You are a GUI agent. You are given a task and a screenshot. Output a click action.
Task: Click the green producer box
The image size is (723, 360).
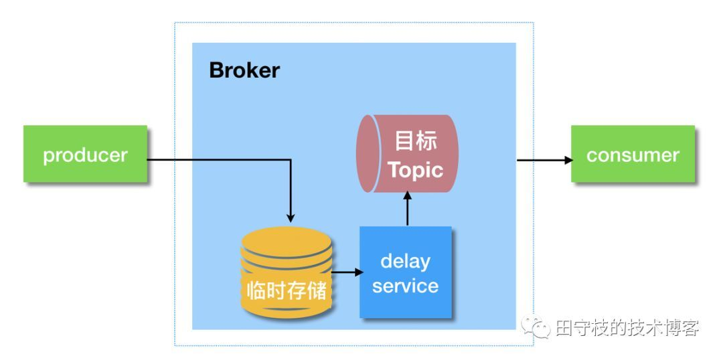click(85, 155)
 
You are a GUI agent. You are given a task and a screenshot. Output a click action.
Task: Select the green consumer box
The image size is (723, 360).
click(633, 155)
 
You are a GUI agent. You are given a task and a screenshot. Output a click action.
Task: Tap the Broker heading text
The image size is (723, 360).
click(244, 70)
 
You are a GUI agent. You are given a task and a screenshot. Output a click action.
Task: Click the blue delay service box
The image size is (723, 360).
click(406, 273)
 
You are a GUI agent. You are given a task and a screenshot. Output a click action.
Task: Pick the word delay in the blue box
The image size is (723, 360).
click(406, 261)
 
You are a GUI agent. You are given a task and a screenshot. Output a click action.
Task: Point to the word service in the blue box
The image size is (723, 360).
click(406, 286)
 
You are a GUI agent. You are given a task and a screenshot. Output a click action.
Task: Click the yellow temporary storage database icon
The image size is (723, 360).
click(287, 274)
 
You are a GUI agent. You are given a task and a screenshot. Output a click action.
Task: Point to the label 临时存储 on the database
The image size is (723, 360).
click(287, 291)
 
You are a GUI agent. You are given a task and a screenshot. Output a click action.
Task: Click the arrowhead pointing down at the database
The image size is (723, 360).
click(291, 217)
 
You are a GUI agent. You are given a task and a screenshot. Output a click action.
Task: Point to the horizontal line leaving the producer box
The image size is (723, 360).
click(214, 160)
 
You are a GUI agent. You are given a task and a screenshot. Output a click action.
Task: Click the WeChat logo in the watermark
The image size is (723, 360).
click(537, 327)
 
